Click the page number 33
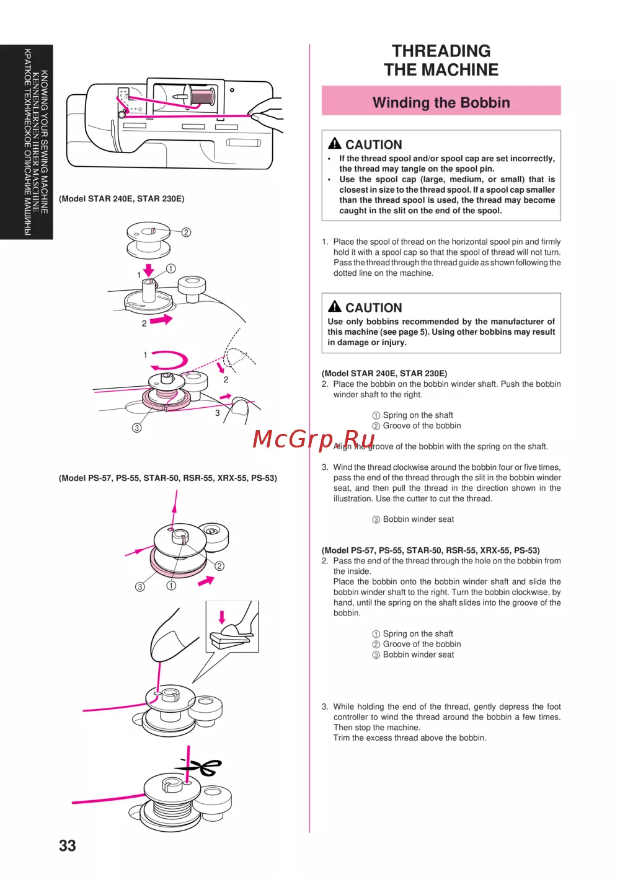click(x=68, y=845)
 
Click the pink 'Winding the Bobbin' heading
click(x=441, y=103)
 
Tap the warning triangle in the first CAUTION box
click(x=334, y=143)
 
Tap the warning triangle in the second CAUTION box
click(x=334, y=306)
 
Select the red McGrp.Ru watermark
click(x=313, y=439)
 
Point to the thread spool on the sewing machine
click(x=202, y=96)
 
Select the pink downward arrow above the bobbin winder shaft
click(x=148, y=270)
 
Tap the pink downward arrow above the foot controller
click(x=222, y=617)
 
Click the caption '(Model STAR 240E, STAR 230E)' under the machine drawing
click(x=122, y=199)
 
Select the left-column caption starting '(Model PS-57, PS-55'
click(x=167, y=478)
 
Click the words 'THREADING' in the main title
click(x=441, y=51)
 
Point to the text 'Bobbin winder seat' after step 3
click(x=418, y=519)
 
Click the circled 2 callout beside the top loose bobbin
click(x=186, y=232)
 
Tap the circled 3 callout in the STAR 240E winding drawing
click(x=136, y=428)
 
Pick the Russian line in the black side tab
click(x=27, y=142)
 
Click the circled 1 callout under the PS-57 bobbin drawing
click(x=171, y=585)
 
